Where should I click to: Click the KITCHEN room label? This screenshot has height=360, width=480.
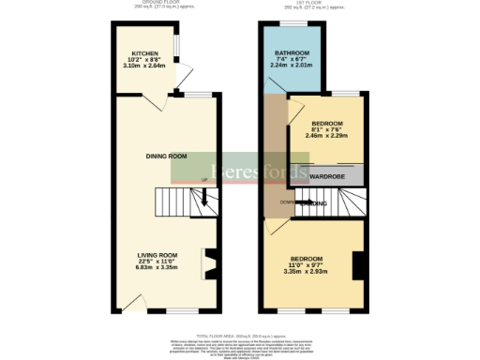point(144,54)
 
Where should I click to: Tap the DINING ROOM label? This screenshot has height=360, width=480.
point(166,156)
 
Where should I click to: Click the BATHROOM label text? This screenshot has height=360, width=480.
point(292,53)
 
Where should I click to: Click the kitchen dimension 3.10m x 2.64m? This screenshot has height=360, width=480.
point(144,67)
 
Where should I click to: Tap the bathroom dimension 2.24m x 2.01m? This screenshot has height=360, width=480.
point(292,67)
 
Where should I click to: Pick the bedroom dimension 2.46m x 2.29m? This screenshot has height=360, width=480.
point(326,136)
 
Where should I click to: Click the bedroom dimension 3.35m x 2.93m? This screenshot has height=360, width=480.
point(307,271)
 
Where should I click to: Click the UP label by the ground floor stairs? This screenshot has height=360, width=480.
point(204,181)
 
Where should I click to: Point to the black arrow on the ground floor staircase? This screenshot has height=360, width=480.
point(204,198)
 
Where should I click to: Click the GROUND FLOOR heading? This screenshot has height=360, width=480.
point(160,4)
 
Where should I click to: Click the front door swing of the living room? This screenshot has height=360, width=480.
point(137,302)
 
